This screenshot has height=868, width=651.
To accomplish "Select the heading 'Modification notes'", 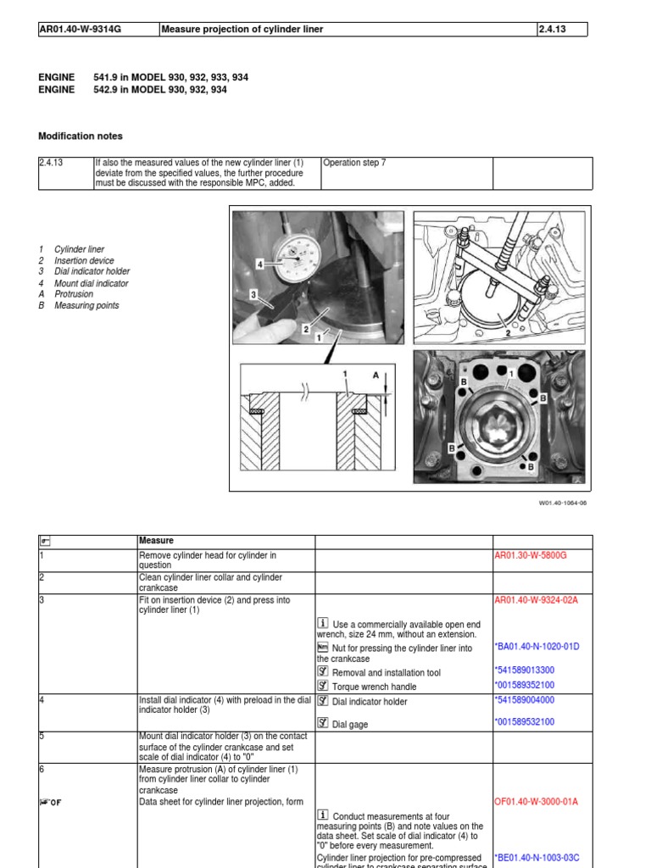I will tap(81, 136).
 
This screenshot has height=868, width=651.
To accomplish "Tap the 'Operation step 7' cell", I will tap(354, 163).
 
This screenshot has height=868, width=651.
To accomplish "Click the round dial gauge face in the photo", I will tap(296, 263).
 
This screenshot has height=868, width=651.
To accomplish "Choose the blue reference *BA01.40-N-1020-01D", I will tap(537, 646).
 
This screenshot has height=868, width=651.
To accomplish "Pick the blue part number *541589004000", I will tap(525, 700).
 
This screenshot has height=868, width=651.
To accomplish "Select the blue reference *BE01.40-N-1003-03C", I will tap(537, 858).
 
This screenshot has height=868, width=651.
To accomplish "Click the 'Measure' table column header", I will tap(156, 541).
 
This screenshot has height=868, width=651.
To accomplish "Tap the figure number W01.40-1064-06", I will tap(562, 502).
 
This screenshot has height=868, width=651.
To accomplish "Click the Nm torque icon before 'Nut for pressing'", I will tap(322, 647).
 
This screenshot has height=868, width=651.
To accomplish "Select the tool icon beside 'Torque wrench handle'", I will tap(322, 685).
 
